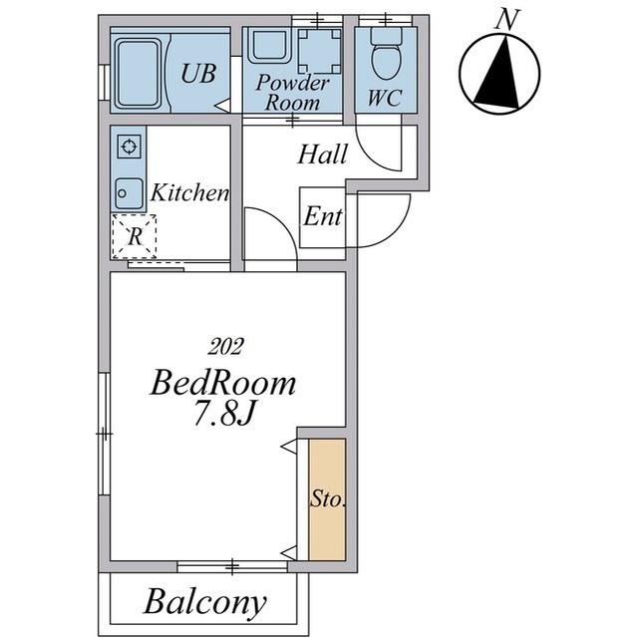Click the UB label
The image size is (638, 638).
pos(198,74)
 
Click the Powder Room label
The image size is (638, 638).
pos(292,93)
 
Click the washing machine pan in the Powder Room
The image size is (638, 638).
pos(319,51)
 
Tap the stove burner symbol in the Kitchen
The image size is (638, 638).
pos(130,147)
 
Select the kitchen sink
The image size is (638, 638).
pos(129,193)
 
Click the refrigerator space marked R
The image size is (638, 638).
pos(135,236)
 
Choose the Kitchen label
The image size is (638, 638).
pos(190,192)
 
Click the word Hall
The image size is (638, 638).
pos(323,155)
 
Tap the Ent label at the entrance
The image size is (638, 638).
pos(323,215)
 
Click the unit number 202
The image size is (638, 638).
pos(225,347)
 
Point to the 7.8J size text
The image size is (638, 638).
pos(223,413)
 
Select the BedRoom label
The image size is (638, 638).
pos(223,383)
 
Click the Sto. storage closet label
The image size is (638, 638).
pos(328,498)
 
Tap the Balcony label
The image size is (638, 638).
pos(205,602)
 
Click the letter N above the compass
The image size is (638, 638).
pos(507,19)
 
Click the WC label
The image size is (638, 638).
pos(385,98)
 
